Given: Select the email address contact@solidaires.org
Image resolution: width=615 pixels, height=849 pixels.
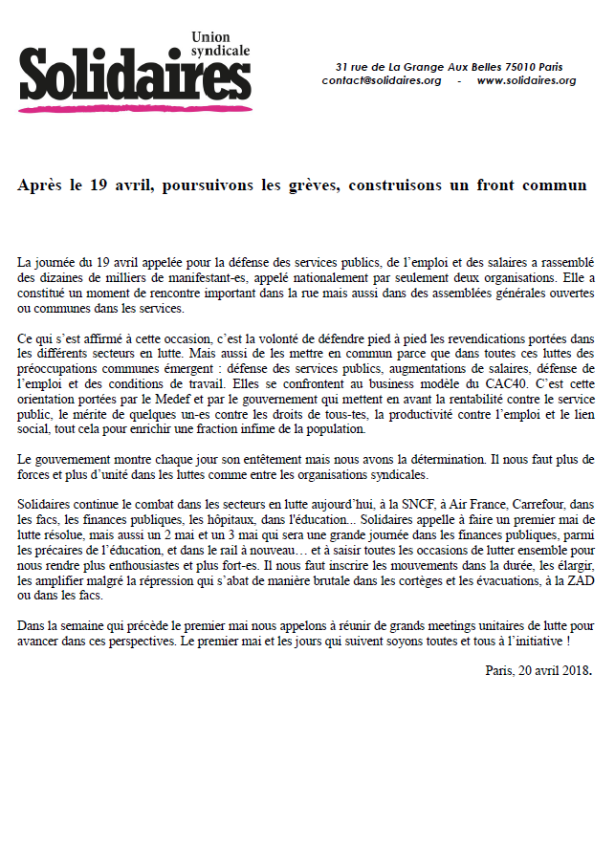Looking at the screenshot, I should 382,81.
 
